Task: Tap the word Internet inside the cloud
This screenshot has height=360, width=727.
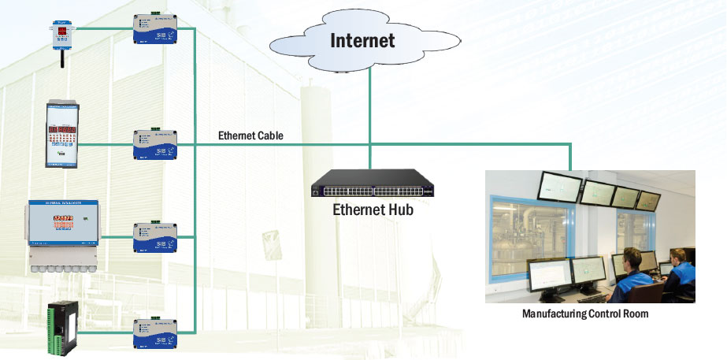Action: (x=362, y=39)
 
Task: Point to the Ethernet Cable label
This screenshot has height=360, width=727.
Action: (x=250, y=135)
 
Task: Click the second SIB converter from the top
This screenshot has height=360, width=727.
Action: (x=154, y=144)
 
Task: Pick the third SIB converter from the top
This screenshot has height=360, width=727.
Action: (x=154, y=236)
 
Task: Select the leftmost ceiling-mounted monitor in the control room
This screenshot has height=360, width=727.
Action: (x=560, y=187)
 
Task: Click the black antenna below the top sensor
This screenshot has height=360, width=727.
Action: (x=59, y=58)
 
